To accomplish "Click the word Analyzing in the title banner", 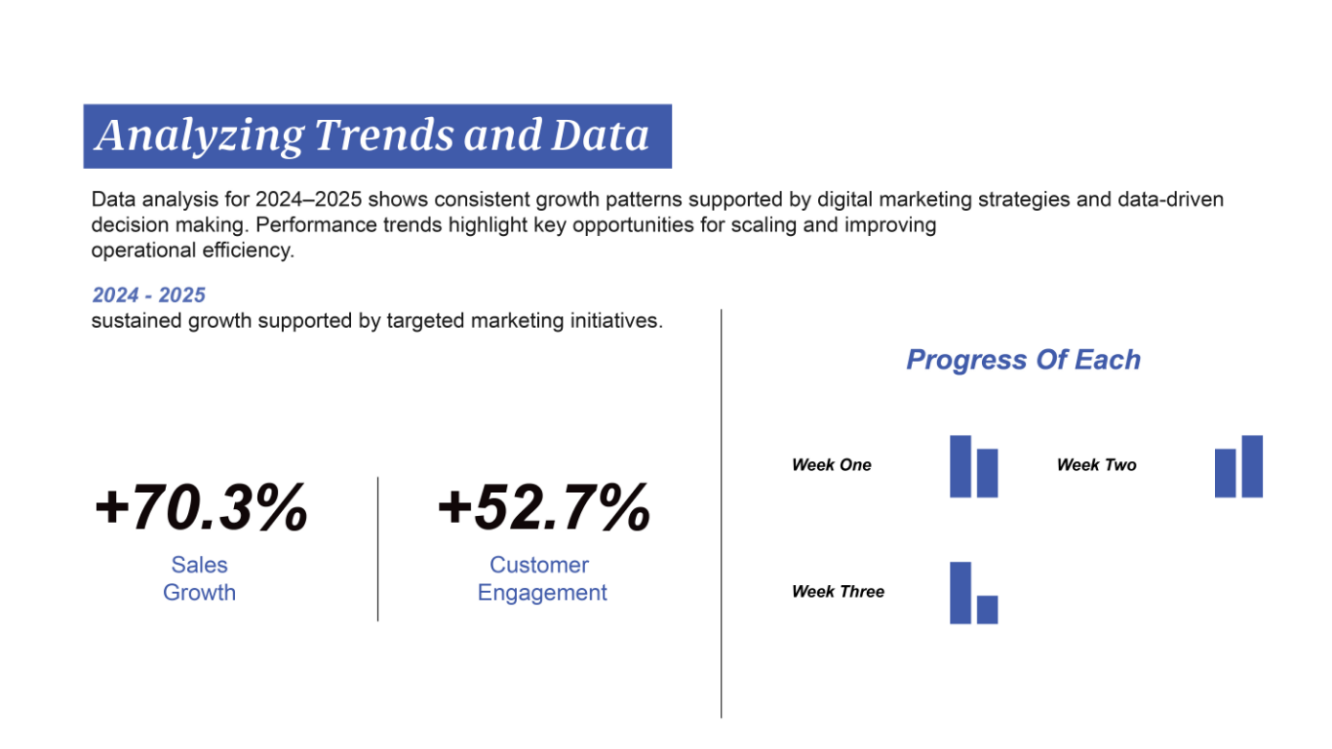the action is click(x=200, y=137).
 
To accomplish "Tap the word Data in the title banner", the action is click(x=600, y=135).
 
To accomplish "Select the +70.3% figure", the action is click(x=201, y=507).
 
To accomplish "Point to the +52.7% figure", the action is click(x=543, y=507).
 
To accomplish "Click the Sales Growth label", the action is click(x=199, y=578).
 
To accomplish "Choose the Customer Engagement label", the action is click(x=542, y=578).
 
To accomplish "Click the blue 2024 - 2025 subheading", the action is click(x=148, y=296).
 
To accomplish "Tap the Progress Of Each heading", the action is click(x=1024, y=360).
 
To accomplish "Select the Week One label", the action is click(x=832, y=464).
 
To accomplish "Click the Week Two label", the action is click(x=1097, y=464).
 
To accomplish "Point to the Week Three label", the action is click(x=838, y=591).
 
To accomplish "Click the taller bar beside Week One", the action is click(x=960, y=466).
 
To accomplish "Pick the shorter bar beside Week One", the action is click(x=987, y=473).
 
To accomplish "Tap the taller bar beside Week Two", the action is click(x=1252, y=466).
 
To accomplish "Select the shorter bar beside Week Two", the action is click(x=1225, y=473).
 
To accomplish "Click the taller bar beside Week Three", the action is click(x=960, y=593).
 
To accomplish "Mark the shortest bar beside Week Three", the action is click(x=987, y=610).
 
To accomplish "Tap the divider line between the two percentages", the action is click(x=377, y=549).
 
